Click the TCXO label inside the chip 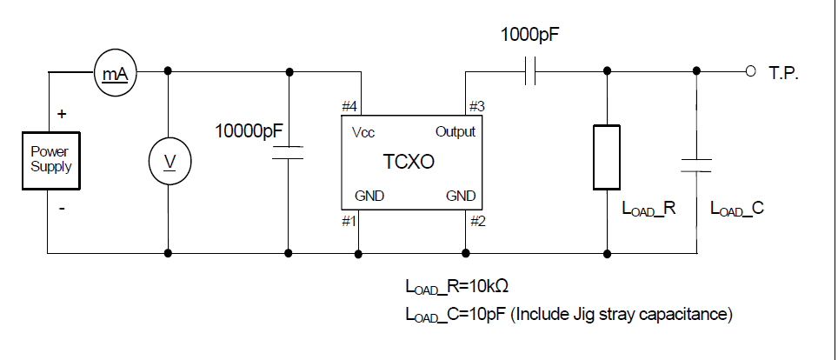(x=409, y=162)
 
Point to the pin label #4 (x=349, y=107)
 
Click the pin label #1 (x=349, y=221)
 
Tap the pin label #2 (x=476, y=221)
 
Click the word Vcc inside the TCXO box (x=363, y=132)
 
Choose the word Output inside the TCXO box (x=455, y=132)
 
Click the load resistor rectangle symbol (x=606, y=157)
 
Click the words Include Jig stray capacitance (x=622, y=314)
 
